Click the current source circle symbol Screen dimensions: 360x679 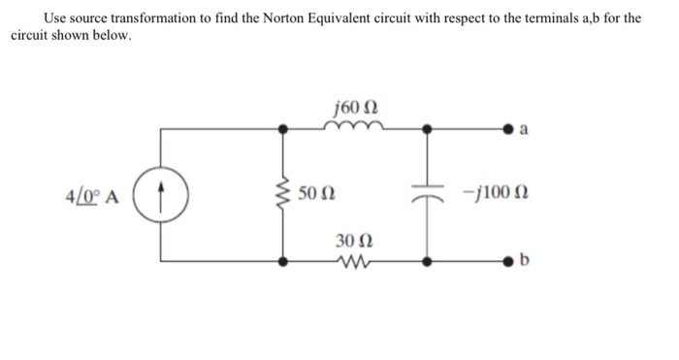tap(162, 194)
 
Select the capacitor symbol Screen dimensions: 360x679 tap(427, 194)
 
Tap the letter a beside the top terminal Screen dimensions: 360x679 tap(525, 128)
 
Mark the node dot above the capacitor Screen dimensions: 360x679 tap(427, 126)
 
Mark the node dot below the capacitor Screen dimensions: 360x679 tap(427, 261)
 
